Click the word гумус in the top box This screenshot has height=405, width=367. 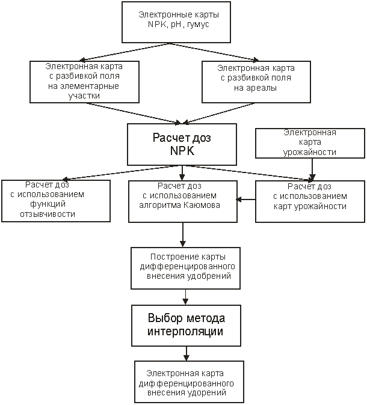198,25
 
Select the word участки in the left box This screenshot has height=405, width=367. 84,96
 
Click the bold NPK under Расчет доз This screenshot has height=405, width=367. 182,151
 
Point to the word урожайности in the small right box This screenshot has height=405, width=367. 310,152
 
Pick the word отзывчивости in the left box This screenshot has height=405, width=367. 48,214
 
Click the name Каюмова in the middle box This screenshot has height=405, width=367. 202,206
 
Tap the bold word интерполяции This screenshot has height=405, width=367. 185,331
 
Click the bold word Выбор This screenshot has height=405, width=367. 165,318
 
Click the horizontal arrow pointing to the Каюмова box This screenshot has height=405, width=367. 245,199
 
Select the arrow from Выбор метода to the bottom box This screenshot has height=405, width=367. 187,353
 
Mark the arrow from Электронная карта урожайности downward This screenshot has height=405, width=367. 312,169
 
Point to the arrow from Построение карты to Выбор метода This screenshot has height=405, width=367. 185,297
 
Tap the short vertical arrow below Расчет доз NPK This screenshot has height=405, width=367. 182,173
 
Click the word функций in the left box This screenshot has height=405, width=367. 48,204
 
